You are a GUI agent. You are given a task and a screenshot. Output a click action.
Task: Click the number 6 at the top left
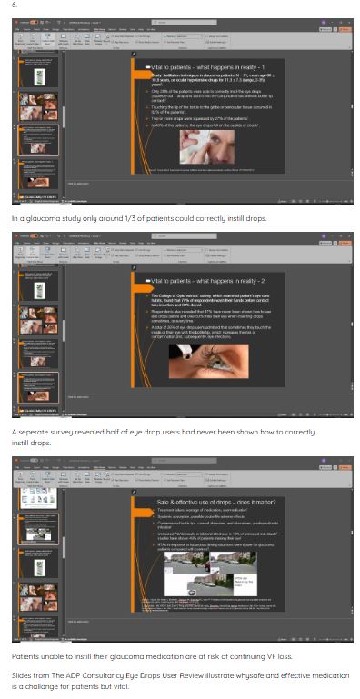click(x=14, y=5)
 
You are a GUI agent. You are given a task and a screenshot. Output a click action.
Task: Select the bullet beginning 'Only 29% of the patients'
click(x=209, y=93)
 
